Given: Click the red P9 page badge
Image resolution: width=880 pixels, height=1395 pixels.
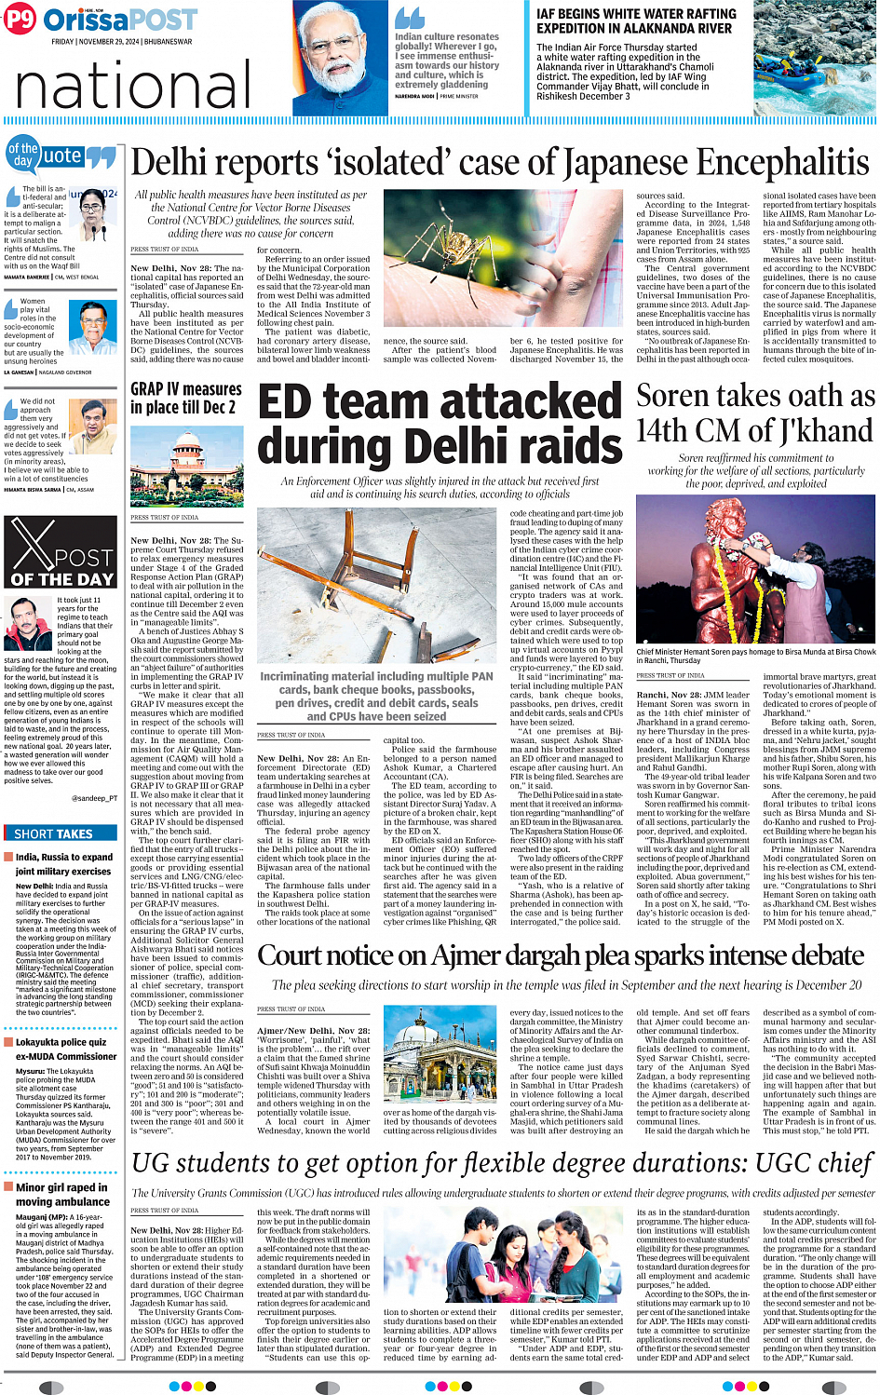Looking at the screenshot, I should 20,19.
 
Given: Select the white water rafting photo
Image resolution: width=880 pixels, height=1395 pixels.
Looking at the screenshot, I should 814,58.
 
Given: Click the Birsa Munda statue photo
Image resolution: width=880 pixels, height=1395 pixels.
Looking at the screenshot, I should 756,571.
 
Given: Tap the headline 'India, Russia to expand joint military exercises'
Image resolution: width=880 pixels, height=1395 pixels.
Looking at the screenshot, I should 62,864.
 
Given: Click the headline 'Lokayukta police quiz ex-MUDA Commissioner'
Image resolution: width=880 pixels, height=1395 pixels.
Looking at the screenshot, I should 65,1050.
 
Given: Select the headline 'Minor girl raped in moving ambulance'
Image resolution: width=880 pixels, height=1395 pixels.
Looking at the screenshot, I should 62,1195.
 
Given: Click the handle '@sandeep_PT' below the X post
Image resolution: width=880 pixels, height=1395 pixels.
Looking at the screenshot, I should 94,798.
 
